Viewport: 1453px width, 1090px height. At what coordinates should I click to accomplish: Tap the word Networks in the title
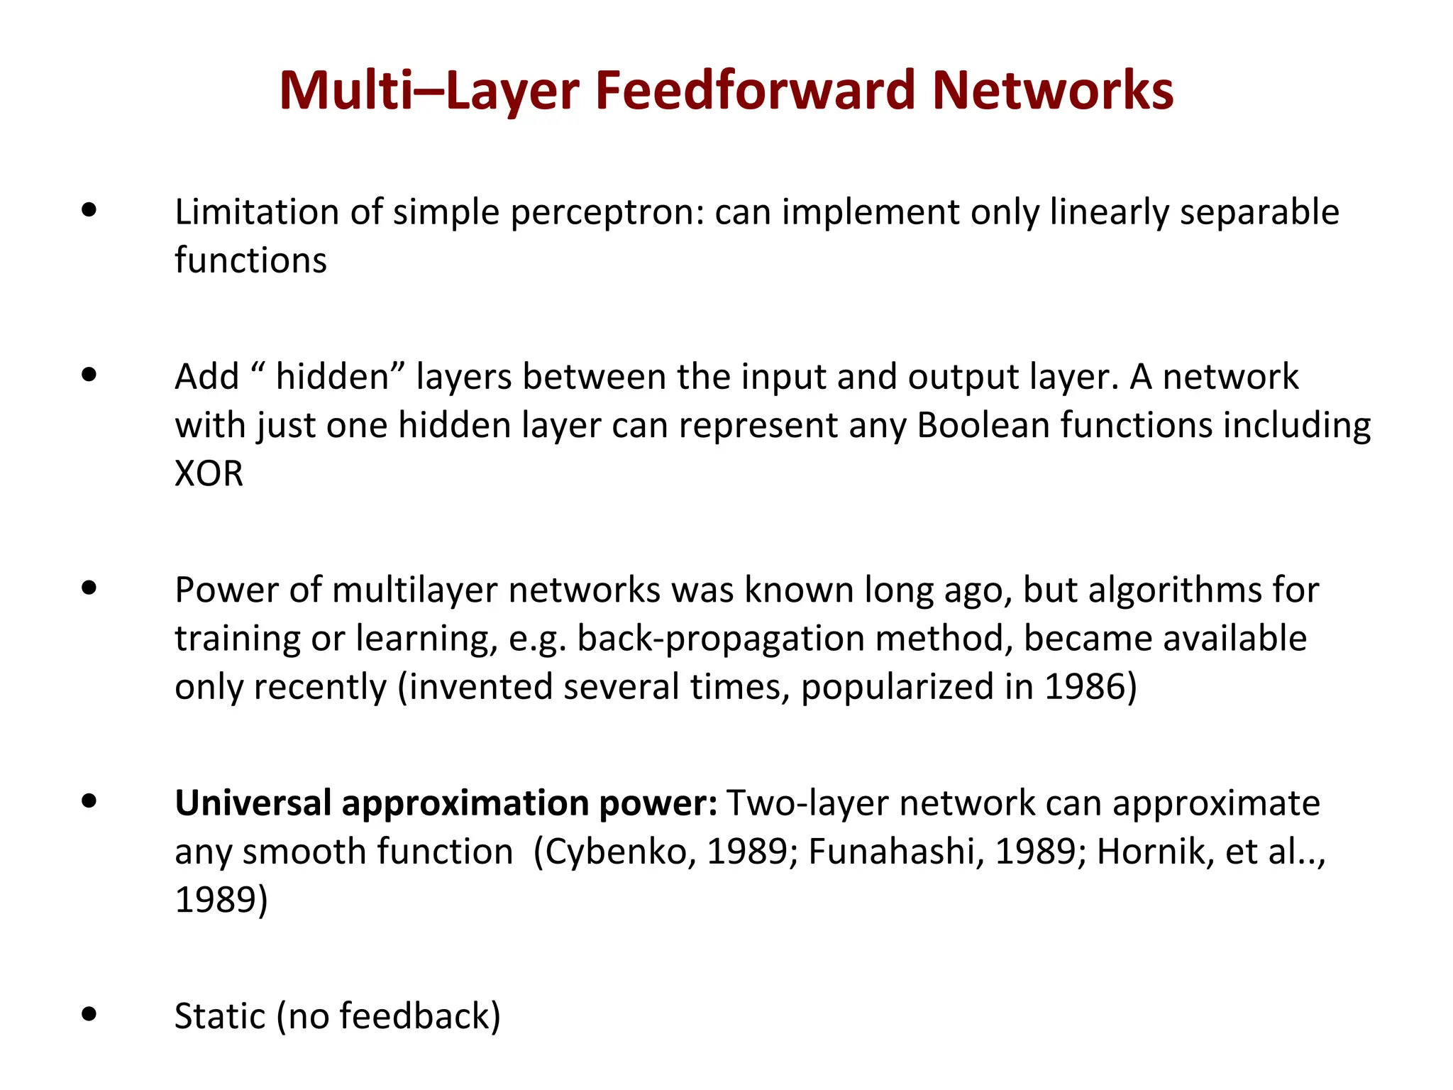1053,91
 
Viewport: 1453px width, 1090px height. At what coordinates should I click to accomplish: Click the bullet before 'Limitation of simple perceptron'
89,210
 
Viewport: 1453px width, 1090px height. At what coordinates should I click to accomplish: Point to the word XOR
209,473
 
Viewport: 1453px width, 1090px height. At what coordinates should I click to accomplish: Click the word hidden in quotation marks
331,377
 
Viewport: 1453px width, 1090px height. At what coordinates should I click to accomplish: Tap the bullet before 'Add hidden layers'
89,374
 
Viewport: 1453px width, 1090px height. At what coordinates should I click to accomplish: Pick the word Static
220,1016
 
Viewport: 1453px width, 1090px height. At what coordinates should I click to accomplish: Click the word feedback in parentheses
415,1016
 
